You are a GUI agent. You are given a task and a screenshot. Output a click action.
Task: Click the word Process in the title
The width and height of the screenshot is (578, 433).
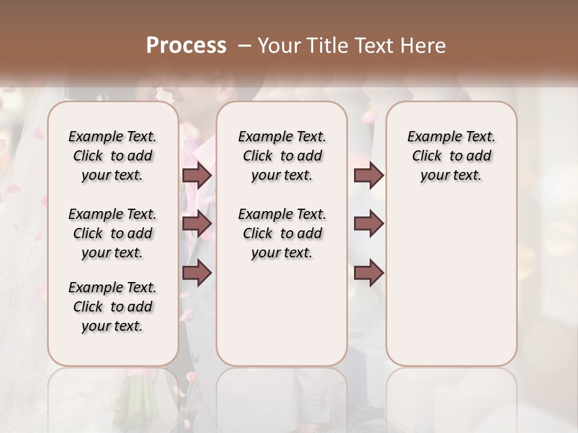pos(186,46)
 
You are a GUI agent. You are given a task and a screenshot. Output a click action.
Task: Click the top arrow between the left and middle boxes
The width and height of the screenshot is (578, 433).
pos(197,175)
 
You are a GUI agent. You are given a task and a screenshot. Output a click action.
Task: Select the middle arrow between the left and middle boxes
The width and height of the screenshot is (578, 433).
pos(197,224)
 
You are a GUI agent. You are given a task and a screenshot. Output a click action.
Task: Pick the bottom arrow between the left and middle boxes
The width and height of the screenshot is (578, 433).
pos(197,272)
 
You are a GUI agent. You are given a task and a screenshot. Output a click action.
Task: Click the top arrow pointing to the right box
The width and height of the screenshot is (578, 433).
pos(368,175)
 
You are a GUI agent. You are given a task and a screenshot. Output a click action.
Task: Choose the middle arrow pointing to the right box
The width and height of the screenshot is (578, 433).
pos(368,224)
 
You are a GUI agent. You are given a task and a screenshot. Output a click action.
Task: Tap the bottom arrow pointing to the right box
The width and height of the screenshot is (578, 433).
pos(368,272)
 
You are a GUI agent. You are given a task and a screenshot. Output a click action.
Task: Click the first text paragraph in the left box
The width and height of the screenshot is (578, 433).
pos(113,156)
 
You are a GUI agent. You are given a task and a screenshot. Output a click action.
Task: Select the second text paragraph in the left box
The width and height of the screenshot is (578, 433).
pos(113,233)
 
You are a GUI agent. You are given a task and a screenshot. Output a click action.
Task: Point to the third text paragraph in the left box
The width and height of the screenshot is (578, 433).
pos(113,307)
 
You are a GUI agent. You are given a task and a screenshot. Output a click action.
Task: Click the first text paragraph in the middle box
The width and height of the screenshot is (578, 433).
pos(282,156)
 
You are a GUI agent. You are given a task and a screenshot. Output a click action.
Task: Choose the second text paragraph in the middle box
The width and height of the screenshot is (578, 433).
pos(282,233)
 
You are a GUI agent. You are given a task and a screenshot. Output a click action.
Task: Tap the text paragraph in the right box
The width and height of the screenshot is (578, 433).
pos(451,156)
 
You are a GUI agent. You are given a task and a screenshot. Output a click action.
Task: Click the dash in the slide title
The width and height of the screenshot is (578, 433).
pos(245,46)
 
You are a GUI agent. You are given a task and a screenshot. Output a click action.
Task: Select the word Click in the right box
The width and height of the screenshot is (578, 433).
pos(427,156)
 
